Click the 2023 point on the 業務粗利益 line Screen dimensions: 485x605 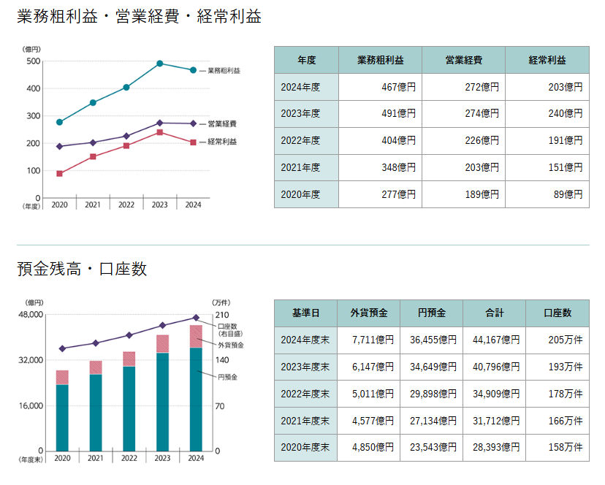(159, 64)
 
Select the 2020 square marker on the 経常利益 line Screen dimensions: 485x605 (59, 174)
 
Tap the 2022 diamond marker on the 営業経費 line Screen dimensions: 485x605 (126, 136)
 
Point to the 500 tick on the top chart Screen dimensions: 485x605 (33, 61)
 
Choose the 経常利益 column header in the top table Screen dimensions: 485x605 (547, 60)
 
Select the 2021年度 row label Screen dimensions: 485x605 (300, 167)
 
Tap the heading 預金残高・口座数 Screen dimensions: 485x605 (82, 269)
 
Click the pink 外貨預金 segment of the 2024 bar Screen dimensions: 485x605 (196, 336)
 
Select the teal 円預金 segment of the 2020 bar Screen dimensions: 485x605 (62, 418)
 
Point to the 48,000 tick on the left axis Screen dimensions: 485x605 (30, 315)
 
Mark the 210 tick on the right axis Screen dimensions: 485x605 (220, 315)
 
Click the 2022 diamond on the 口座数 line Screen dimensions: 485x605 (129, 335)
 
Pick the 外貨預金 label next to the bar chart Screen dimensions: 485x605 (231, 344)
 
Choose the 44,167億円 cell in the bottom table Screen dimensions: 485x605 (495, 340)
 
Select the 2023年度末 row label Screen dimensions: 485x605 (305, 367)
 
